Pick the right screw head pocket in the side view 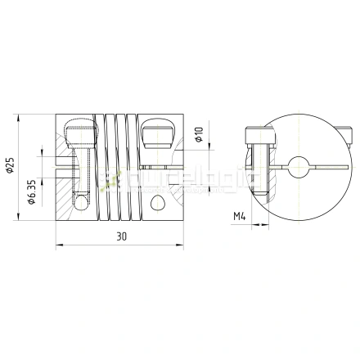[x=156, y=131]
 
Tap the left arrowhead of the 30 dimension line [x=57, y=244]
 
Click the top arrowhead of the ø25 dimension [x=18, y=116]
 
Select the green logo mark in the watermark [x=105, y=175]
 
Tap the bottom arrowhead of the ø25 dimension [x=18, y=222]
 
